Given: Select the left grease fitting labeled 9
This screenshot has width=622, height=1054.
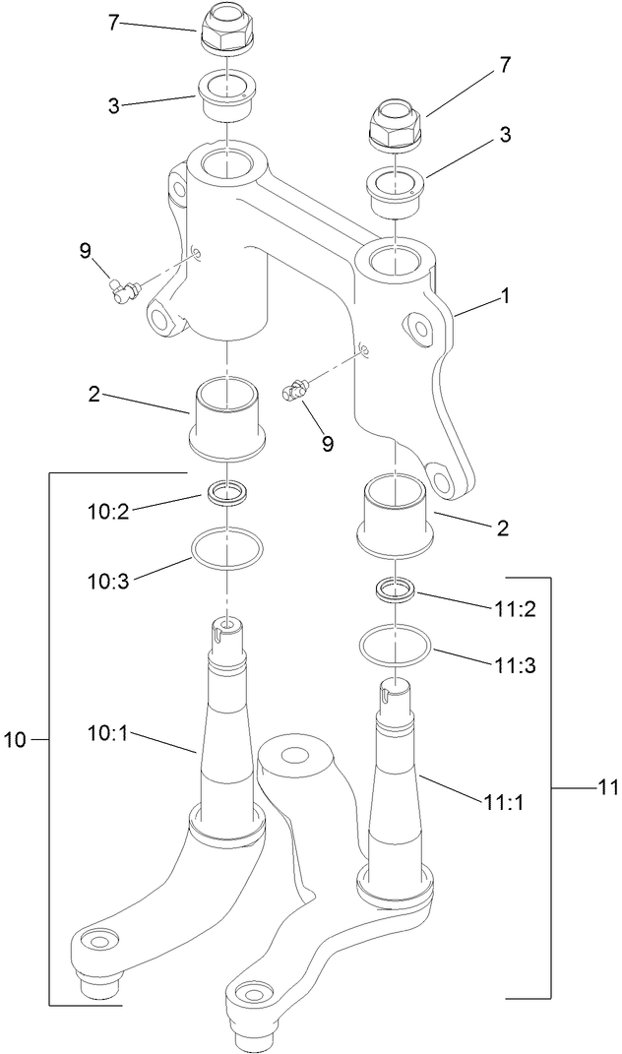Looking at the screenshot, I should (x=123, y=288).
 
